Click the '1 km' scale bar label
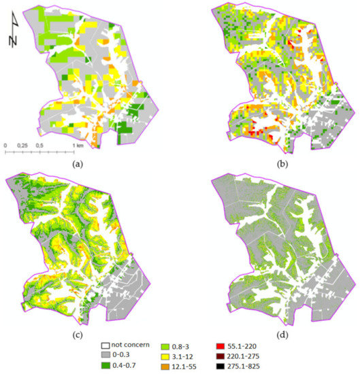[x=80, y=145]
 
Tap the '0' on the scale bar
[x=5, y=145]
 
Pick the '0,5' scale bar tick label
[x=44, y=145]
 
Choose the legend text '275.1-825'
[x=254, y=367]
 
